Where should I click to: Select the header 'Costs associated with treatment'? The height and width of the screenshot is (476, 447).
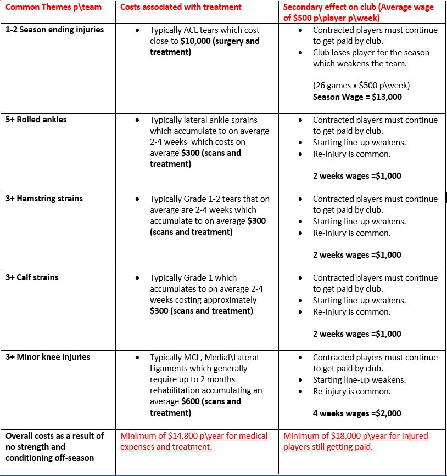[x=181, y=7]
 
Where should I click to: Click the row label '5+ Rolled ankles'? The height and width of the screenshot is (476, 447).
[x=37, y=120]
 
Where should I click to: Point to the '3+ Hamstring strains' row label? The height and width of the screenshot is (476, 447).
[x=44, y=199]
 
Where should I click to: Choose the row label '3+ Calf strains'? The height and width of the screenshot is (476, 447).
[x=32, y=277]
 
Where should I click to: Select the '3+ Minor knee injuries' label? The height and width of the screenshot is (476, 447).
[x=48, y=357]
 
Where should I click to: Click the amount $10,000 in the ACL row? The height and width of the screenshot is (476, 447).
[x=198, y=41]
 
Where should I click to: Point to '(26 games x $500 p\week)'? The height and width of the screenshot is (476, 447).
[x=361, y=86]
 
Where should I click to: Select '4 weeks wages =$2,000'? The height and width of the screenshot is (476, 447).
[x=357, y=413]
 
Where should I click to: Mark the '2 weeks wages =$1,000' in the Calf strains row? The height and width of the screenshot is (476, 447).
[x=357, y=334]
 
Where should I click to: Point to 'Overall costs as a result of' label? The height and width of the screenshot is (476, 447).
[x=54, y=436]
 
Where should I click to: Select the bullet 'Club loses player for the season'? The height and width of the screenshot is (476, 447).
[x=371, y=53]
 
